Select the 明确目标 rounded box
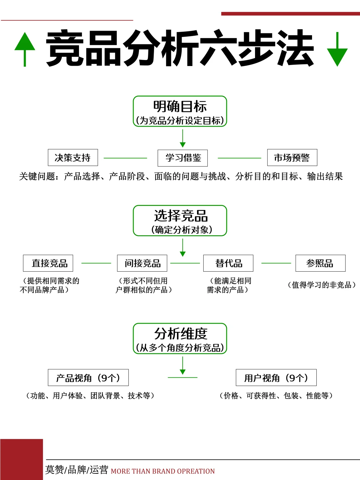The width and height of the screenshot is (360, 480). point(180,111)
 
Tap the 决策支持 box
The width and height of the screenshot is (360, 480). point(73,158)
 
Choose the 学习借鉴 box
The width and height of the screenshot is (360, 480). point(183,158)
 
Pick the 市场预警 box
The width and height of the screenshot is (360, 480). point(292,158)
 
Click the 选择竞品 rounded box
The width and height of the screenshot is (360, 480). point(180,221)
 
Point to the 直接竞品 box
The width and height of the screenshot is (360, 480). point(48,263)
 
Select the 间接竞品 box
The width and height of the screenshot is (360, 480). point(142,263)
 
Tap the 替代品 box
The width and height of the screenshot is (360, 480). point(228,263)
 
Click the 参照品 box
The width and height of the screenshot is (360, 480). point(320,263)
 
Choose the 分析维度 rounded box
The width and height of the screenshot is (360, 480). point(180,338)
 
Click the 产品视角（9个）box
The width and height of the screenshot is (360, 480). point(88,378)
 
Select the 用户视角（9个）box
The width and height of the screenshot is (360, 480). point(276,378)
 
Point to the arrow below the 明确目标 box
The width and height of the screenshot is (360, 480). point(183,138)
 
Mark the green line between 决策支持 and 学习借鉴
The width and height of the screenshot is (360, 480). point(125,158)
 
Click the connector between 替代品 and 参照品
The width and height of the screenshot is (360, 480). point(276,263)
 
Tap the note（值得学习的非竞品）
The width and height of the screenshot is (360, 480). point(322,285)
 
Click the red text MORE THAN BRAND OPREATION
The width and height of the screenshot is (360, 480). point(163,471)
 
